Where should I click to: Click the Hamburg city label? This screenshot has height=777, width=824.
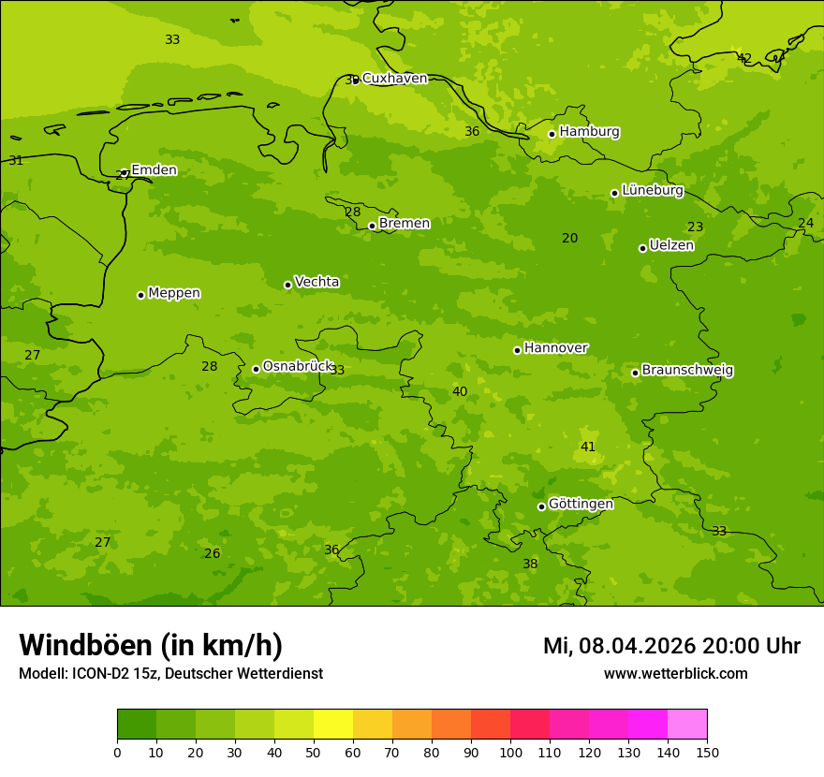[589, 132]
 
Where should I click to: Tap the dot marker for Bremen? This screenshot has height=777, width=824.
[372, 226]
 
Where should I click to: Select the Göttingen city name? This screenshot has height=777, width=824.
[581, 505]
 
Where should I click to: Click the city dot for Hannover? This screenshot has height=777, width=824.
[517, 350]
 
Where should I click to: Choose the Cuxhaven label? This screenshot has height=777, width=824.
[394, 79]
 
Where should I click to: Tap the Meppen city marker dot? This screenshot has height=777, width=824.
[140, 295]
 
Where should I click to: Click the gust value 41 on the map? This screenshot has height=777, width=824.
[588, 447]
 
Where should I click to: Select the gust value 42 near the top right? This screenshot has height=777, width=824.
[744, 59]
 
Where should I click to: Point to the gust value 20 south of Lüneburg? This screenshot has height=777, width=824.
[569, 239]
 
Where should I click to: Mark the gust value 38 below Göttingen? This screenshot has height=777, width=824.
[530, 564]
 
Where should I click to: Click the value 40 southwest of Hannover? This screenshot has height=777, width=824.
[460, 392]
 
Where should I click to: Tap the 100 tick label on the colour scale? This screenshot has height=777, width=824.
[510, 752]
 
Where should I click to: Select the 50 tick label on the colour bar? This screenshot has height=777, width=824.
[314, 752]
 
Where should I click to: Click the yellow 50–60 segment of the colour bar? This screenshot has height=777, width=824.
[333, 725]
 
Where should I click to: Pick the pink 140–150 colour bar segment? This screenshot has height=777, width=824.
[687, 725]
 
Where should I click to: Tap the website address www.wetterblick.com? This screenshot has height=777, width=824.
[676, 674]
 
